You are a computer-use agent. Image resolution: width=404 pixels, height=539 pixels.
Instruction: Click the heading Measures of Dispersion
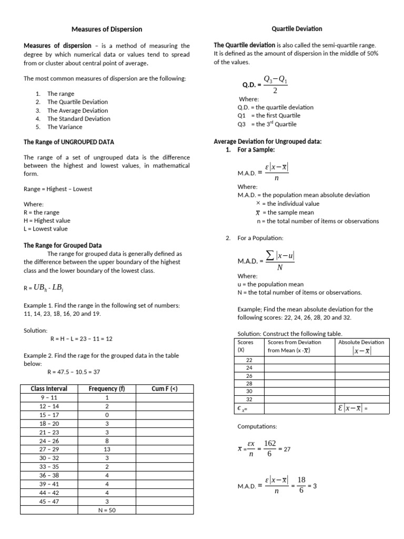(x=107, y=29)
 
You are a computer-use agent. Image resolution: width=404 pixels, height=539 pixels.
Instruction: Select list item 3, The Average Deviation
(x=77, y=111)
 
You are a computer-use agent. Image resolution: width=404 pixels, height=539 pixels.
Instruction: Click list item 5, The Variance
(x=65, y=127)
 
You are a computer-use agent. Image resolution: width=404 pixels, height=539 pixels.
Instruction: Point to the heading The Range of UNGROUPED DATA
(x=68, y=142)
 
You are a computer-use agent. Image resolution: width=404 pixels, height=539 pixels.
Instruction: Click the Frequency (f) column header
(x=107, y=389)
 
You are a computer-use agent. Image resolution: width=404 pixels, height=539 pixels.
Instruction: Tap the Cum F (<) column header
(x=164, y=389)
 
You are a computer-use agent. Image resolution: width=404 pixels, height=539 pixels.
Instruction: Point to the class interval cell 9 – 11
(x=49, y=398)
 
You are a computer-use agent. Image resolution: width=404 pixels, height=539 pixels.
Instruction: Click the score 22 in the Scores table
(x=249, y=360)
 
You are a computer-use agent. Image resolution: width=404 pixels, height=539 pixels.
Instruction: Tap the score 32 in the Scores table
(x=249, y=399)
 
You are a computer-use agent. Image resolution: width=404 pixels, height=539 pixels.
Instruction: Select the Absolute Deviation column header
(x=361, y=342)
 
